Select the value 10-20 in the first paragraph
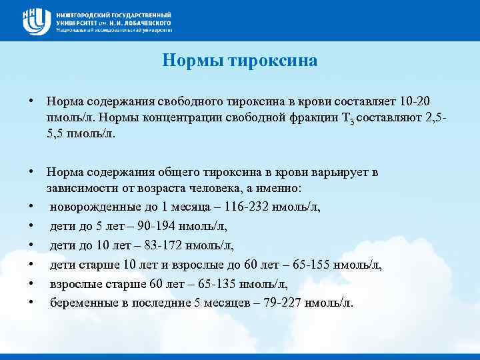[415, 101]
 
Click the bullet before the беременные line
[31, 303]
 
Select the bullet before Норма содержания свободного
[31, 101]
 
